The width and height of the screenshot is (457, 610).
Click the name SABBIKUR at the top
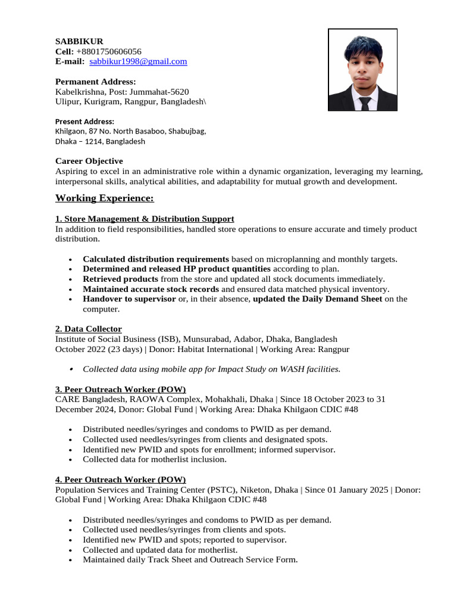(x=79, y=41)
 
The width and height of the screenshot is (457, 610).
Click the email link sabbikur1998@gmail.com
(x=138, y=61)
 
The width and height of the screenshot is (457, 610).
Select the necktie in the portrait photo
(x=364, y=102)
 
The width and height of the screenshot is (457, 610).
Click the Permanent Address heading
(x=95, y=82)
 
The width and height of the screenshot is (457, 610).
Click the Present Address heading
(x=84, y=122)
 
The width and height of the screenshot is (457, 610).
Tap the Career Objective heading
(x=89, y=161)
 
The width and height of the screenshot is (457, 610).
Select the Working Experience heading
(x=105, y=198)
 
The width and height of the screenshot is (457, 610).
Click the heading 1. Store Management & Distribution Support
(x=145, y=219)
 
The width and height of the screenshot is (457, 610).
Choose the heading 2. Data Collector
(x=89, y=329)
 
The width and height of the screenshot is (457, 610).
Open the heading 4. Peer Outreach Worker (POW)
(x=121, y=480)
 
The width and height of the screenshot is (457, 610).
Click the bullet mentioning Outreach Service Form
(x=190, y=560)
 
